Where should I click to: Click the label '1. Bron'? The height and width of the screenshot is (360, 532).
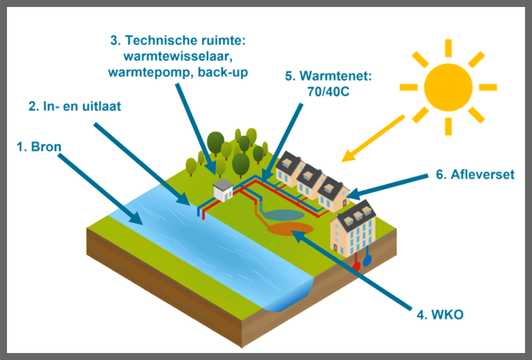point(39,147)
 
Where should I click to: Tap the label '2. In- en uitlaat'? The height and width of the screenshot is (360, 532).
point(75,106)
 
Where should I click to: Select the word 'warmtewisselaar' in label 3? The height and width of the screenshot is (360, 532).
point(178,56)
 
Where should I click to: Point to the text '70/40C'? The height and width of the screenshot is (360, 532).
point(328,92)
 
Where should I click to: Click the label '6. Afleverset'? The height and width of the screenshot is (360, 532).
point(475,174)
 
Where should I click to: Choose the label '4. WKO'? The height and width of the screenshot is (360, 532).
point(440,315)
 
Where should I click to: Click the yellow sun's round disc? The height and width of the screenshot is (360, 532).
point(448,87)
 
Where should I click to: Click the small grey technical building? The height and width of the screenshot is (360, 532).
point(223,190)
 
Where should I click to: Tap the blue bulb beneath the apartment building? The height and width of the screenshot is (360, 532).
point(367,260)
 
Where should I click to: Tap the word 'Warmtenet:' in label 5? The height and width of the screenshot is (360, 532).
point(335,76)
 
